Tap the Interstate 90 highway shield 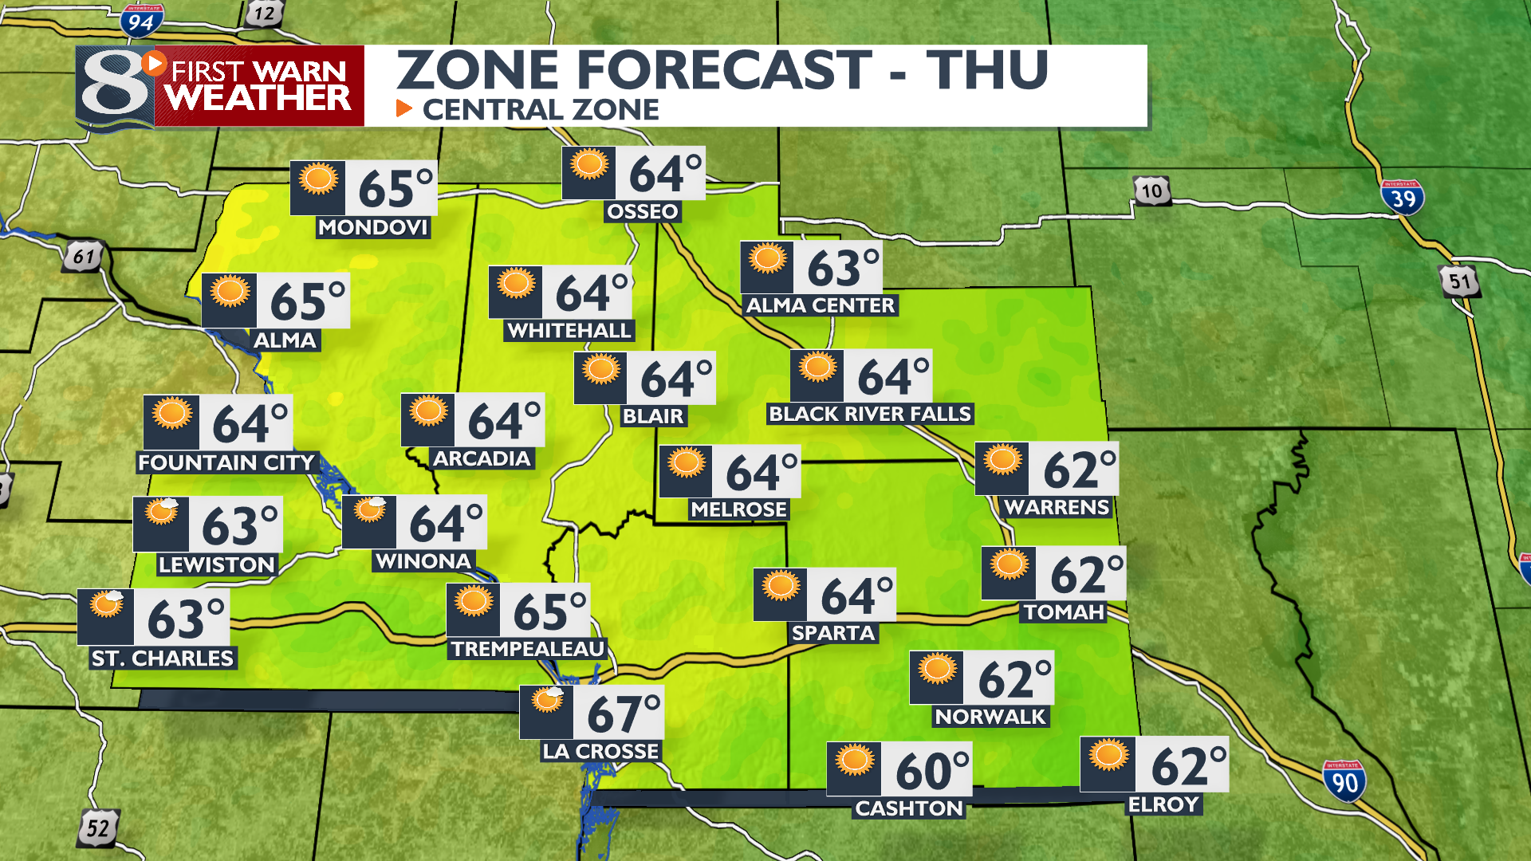(1344, 781)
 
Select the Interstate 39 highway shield (1402, 197)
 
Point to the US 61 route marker (84, 257)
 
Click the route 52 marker (98, 828)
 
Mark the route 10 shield (1151, 191)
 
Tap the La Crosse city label (600, 751)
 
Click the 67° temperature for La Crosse (623, 714)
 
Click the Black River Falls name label (870, 414)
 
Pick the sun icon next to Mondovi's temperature (318, 179)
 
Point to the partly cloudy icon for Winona (370, 510)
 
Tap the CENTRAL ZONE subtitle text (541, 109)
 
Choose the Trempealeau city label (528, 649)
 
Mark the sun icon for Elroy (1108, 755)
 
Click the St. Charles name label (163, 659)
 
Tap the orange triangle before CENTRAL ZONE (404, 108)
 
